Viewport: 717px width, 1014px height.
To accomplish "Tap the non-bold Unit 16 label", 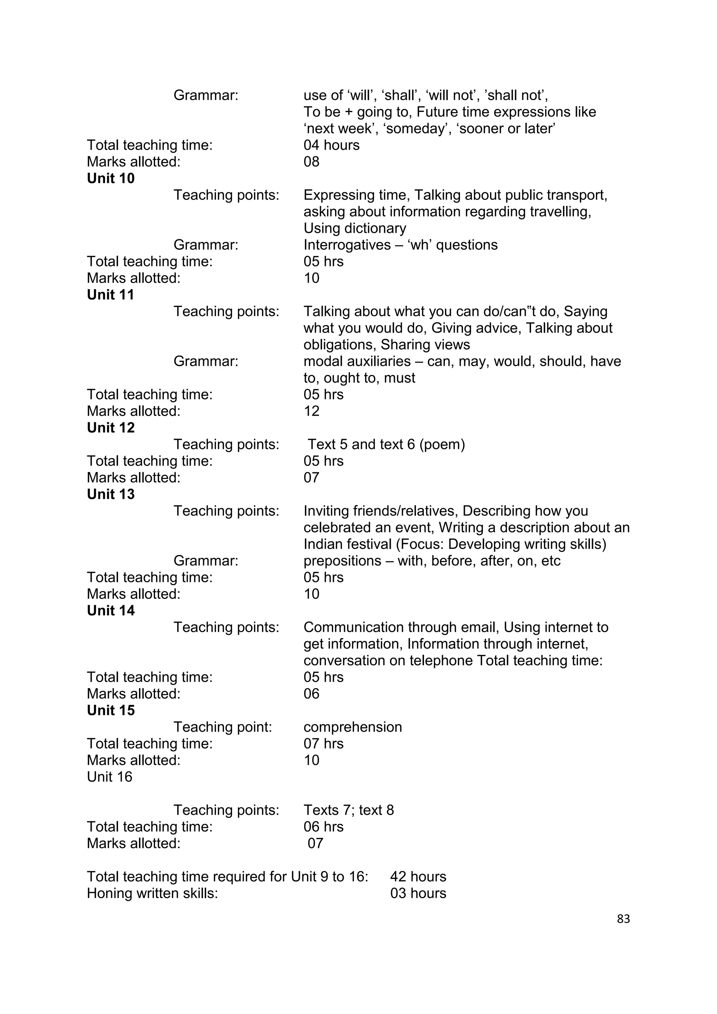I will [110, 777].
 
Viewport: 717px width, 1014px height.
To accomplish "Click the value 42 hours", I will [418, 877].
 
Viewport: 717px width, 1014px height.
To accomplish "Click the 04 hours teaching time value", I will [331, 145].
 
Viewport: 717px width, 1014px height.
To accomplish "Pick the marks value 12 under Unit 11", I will [311, 411].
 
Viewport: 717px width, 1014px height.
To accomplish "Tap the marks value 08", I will [311, 162].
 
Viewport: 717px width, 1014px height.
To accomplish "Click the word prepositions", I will [342, 561].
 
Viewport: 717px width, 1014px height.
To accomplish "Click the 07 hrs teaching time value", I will [323, 744].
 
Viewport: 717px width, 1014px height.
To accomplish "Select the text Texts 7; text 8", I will [348, 810].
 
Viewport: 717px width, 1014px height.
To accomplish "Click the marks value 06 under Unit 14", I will [311, 694].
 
